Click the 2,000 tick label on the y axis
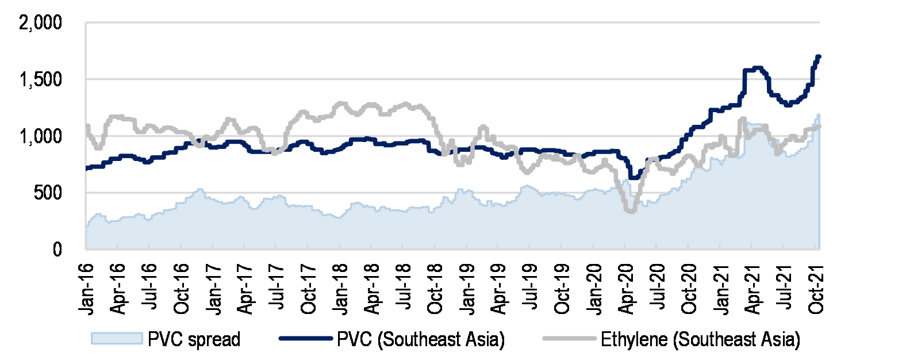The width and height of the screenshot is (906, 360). (x=40, y=24)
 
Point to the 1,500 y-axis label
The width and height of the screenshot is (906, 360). (x=40, y=80)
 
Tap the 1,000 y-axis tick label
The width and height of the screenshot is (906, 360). (x=40, y=137)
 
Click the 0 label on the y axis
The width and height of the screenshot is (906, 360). (x=57, y=250)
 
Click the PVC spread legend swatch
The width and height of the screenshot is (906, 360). (x=116, y=339)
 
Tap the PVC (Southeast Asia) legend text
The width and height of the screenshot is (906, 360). (x=421, y=339)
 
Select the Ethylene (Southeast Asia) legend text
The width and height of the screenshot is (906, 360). (x=700, y=339)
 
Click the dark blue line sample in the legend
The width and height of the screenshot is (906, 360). (x=306, y=339)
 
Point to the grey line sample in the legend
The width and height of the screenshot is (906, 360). (x=569, y=339)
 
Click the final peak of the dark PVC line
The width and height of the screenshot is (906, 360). (x=819, y=56)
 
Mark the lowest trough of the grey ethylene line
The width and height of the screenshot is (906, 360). (x=631, y=211)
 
